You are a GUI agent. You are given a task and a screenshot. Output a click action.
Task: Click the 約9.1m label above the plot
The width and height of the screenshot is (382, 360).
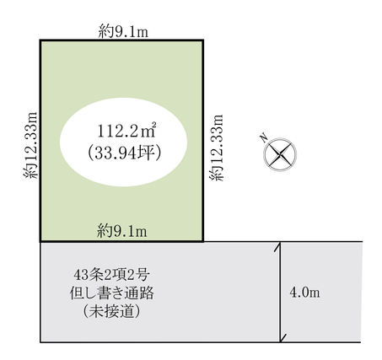coord(123,31)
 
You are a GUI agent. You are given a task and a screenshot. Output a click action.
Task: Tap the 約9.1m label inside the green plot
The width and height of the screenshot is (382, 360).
coord(122,232)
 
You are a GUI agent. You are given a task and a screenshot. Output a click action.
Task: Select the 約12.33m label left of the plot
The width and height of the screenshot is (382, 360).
coord(30,145)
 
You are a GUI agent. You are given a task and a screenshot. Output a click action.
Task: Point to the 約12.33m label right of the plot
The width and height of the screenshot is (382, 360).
coord(216,148)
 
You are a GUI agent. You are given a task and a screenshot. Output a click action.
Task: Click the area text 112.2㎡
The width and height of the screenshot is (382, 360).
coord(126,130)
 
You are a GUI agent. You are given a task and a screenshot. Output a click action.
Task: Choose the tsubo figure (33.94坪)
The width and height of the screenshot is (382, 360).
coord(125,153)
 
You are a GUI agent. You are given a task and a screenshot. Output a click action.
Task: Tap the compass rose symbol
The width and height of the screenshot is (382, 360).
coord(280,154)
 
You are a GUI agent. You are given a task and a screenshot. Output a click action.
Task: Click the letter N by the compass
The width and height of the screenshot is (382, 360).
coord(264,137)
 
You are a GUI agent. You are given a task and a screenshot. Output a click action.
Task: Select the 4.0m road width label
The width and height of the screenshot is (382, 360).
coord(304,293)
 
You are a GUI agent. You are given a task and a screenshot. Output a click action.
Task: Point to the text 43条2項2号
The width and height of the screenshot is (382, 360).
coord(110,275)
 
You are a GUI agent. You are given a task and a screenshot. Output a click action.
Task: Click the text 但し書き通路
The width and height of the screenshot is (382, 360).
coord(112,293)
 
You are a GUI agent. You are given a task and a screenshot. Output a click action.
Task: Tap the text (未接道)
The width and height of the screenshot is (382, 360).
coord(111,311)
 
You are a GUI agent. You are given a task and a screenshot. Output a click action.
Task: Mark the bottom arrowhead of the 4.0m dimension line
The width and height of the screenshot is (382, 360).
coord(280,341)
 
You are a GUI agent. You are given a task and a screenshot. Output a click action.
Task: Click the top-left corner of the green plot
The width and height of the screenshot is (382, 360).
coord(40,40)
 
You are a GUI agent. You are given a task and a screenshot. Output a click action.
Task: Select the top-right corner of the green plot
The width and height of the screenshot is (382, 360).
coord(202,40)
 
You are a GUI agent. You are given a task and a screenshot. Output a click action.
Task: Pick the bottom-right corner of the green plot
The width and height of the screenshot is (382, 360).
coord(202,241)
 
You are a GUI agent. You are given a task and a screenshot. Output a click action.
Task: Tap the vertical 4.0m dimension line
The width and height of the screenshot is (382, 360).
coord(280,292)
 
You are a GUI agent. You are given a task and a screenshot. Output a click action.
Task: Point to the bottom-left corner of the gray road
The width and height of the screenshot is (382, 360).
coord(40,342)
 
